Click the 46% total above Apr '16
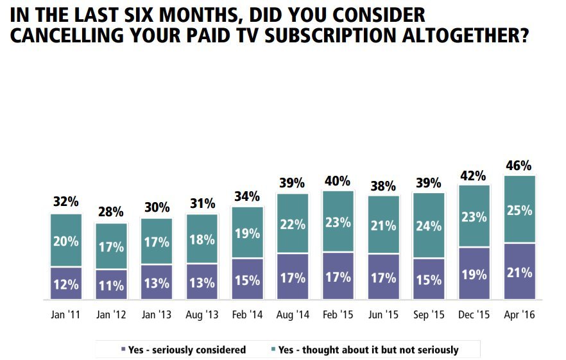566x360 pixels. pyautogui.click(x=519, y=166)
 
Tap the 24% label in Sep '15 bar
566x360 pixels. pyautogui.click(x=428, y=225)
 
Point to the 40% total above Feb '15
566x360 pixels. pyautogui.click(x=338, y=180)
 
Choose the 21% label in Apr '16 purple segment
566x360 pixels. pyautogui.click(x=519, y=272)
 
